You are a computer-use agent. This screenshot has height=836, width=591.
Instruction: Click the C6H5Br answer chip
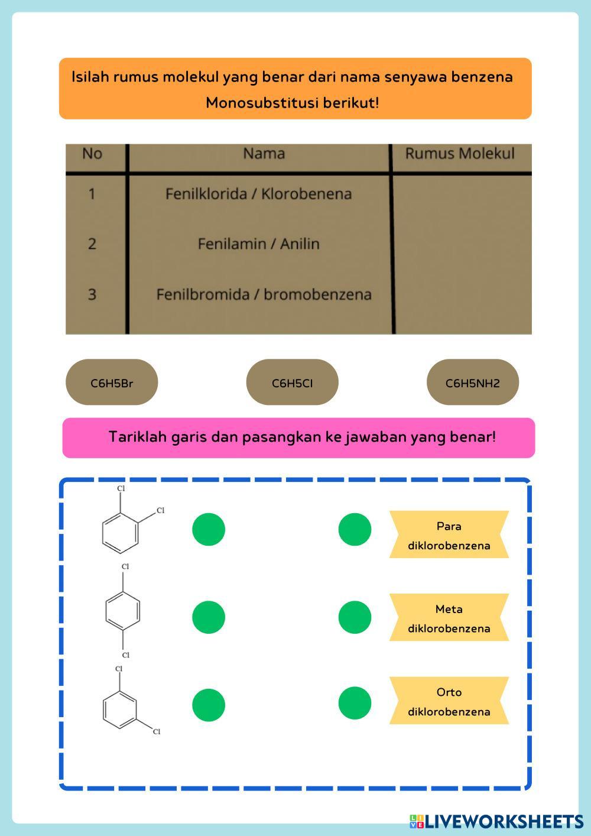[x=112, y=383]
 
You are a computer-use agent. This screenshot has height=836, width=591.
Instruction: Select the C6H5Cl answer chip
[x=292, y=383]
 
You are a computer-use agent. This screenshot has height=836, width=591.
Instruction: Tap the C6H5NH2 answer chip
[x=472, y=383]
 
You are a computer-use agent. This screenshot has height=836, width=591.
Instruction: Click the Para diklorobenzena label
[x=449, y=535]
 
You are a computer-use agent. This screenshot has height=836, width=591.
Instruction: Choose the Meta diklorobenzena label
[x=449, y=618]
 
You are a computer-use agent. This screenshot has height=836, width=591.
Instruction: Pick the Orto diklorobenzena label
[x=449, y=701]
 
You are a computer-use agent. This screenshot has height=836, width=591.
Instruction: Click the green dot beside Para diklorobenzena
[x=355, y=529]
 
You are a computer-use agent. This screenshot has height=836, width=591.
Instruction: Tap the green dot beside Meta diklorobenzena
[x=355, y=617]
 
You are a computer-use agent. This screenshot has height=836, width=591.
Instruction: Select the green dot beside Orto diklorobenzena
[x=355, y=703]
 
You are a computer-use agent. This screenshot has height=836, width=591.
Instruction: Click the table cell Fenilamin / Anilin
[x=258, y=244]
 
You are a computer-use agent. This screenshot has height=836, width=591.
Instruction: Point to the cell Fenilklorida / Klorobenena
[x=258, y=194]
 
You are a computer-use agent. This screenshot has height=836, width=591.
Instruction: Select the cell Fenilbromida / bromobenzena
[x=264, y=294]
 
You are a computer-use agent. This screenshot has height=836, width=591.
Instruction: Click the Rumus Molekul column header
[x=460, y=154]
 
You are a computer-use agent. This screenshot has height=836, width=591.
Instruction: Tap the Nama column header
[x=264, y=154]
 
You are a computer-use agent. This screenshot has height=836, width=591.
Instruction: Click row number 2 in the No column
[x=92, y=244]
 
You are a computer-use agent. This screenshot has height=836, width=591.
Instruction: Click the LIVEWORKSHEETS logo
[x=496, y=821]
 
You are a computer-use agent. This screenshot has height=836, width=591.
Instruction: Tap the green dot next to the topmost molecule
[x=209, y=529]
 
